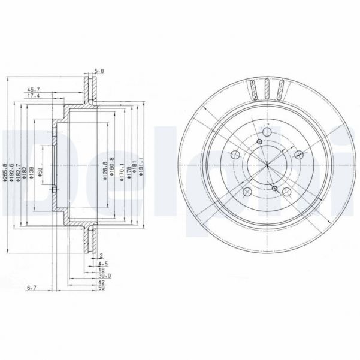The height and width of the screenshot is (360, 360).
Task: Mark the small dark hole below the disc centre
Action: click(x=274, y=189)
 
